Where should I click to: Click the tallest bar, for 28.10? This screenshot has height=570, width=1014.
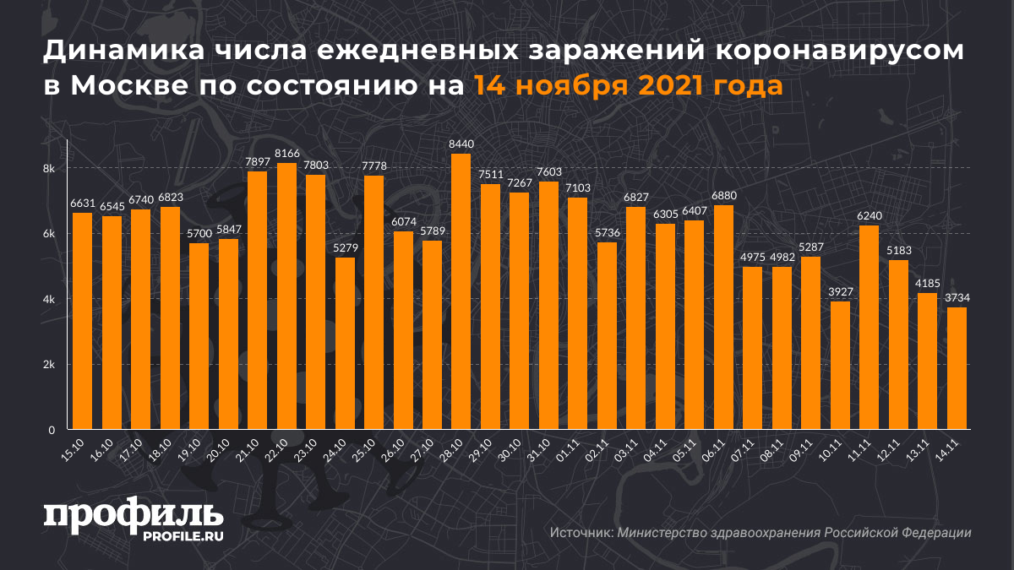tap(461, 291)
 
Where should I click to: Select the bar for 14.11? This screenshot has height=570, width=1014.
tap(957, 368)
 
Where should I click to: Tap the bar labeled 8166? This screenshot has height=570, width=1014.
tap(286, 296)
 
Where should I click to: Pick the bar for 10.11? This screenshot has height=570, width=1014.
tap(840, 365)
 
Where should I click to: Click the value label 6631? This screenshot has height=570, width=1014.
tap(82, 204)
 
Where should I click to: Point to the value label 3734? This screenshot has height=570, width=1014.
tap(957, 298)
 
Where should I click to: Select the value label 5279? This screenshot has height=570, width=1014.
tap(345, 248)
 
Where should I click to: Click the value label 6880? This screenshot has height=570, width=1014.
tap(723, 196)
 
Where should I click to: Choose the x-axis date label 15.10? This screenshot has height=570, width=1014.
tap(73, 451)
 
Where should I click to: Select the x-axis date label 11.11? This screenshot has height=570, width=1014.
tap(860, 451)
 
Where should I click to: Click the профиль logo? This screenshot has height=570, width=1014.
tap(134, 516)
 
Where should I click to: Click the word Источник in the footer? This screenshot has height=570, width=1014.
tap(580, 533)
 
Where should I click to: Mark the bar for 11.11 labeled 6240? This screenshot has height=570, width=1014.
tap(869, 328)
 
